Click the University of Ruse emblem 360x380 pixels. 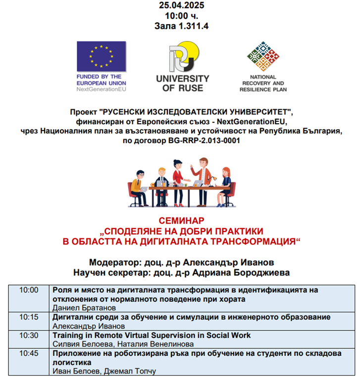(182, 57)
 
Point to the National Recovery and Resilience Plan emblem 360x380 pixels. (263, 57)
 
